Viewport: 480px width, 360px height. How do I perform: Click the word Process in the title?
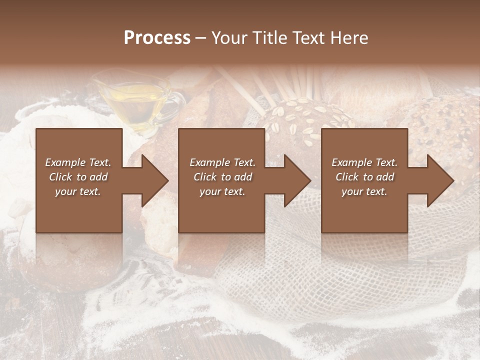coord(157,37)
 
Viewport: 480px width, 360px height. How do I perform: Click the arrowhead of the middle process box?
coord(297,180)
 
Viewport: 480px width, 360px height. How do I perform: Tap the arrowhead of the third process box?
coord(440,180)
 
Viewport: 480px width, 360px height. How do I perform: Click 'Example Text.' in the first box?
coord(78,162)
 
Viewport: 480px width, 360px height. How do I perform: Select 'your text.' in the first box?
coord(78,191)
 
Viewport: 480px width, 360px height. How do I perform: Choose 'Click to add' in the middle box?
coord(222,177)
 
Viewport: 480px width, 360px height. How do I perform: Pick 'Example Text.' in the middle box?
coord(222,162)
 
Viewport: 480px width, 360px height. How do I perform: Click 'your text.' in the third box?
coord(364,191)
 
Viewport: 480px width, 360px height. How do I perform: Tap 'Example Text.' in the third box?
coord(364,162)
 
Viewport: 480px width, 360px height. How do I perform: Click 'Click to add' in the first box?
coord(78,177)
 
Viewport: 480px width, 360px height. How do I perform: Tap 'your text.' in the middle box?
coord(222,191)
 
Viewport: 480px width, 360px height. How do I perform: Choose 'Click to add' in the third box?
coord(364,177)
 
